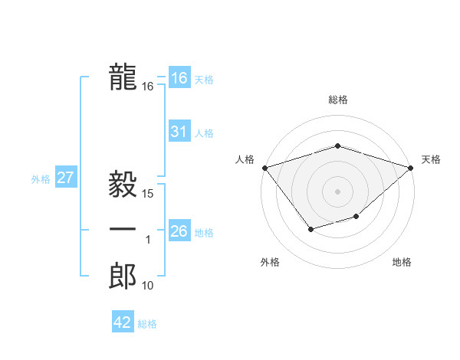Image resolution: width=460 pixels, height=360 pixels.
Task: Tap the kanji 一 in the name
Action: pyautogui.click(x=123, y=229)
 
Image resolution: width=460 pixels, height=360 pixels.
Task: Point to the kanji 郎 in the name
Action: pyautogui.click(x=123, y=277)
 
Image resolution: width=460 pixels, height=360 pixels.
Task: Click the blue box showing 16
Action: pyautogui.click(x=179, y=78)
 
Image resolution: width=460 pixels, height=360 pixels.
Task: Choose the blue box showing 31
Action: pyautogui.click(x=179, y=132)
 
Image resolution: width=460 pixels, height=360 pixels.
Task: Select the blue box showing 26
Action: pyautogui.click(x=179, y=231)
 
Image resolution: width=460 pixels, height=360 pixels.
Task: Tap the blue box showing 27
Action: pyautogui.click(x=65, y=178)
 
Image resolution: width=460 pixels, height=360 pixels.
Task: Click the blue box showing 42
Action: pyautogui.click(x=123, y=322)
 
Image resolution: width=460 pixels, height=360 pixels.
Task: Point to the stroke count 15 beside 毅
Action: pyautogui.click(x=149, y=194)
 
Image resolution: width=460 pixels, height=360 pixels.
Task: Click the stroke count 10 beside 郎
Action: pyautogui.click(x=148, y=286)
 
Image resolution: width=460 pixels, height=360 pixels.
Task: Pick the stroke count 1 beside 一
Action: pyautogui.click(x=149, y=241)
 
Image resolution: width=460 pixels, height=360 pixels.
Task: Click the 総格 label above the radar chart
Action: pyautogui.click(x=338, y=100)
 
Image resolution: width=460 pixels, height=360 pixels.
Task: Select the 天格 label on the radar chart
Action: pyautogui.click(x=431, y=159)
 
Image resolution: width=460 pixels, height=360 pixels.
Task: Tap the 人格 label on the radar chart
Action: pyautogui.click(x=245, y=159)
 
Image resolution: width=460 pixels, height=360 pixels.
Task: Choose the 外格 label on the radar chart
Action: pyautogui.click(x=270, y=262)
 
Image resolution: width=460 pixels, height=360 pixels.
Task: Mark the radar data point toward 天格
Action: pyautogui.click(x=412, y=167)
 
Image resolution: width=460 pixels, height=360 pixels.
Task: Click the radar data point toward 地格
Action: pyautogui.click(x=356, y=217)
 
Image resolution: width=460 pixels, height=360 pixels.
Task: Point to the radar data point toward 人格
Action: pyautogui.click(x=264, y=167)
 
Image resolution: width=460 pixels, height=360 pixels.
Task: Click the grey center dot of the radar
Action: pyautogui.click(x=338, y=191)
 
